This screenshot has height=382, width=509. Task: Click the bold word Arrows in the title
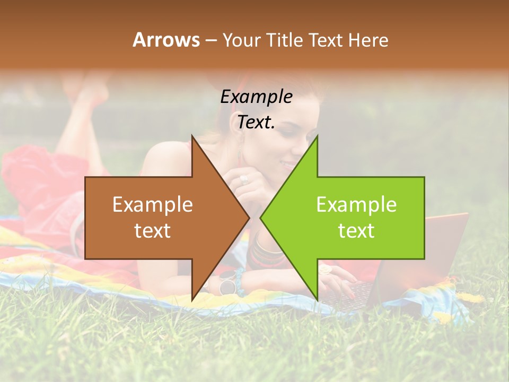point(166,40)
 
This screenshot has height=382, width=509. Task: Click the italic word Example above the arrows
point(256,97)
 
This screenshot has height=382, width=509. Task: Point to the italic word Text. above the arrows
point(256,122)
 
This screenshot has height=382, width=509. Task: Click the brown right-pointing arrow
point(159,218)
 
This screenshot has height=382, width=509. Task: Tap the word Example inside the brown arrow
point(153,204)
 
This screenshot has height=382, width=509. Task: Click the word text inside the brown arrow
point(153,231)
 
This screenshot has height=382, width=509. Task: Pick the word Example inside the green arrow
point(356,204)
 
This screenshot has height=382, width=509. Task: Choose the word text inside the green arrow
point(356,231)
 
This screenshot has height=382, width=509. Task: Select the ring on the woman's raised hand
point(244,179)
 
